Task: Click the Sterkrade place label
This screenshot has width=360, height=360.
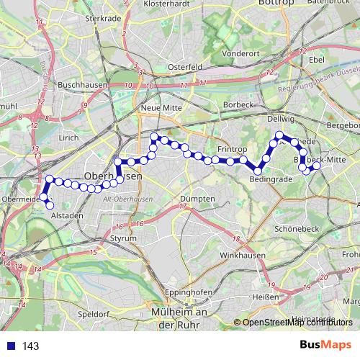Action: [x=101, y=19]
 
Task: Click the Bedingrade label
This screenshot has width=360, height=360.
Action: [x=270, y=178]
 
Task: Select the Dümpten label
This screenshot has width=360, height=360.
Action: [x=198, y=198]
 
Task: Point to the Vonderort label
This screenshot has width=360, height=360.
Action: [x=241, y=53]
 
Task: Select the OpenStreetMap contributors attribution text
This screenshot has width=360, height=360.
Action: [x=297, y=322]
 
